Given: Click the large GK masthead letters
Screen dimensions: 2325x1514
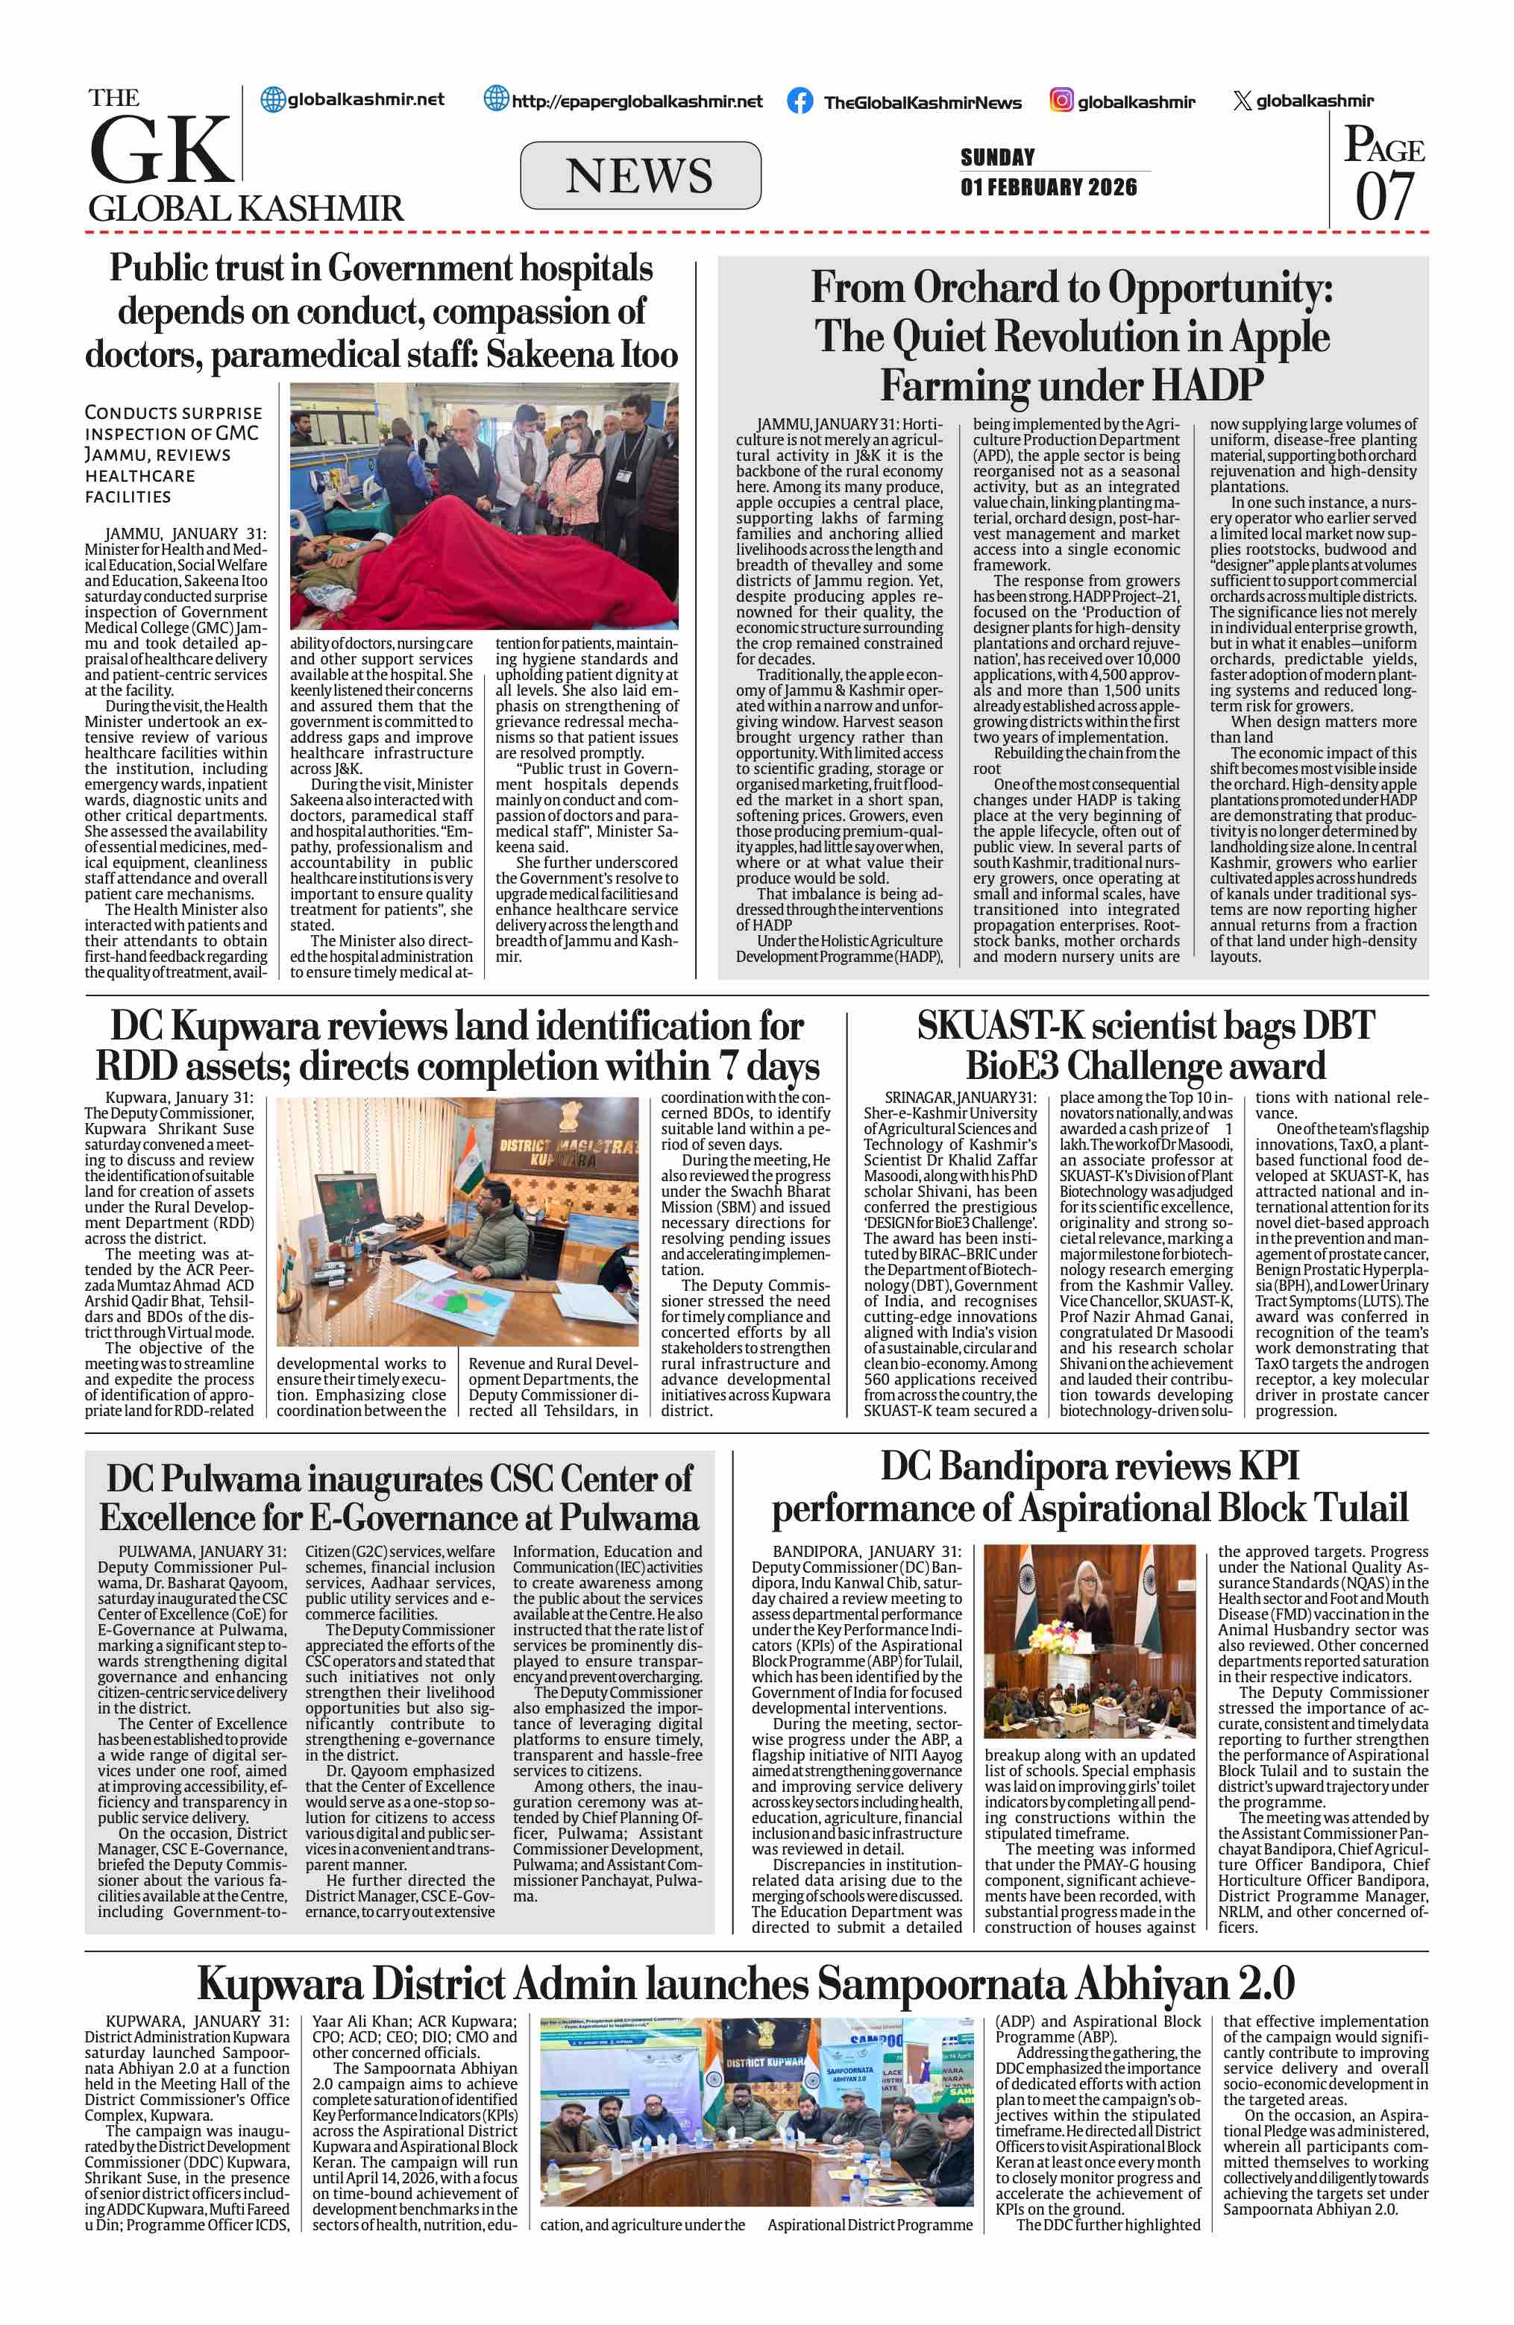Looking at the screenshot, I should coord(161,149).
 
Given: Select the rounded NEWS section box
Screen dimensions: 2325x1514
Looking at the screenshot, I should coord(640,176).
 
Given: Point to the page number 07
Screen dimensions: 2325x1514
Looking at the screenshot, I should coord(1383,196).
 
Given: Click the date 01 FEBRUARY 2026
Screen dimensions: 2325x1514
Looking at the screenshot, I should coord(1048,186).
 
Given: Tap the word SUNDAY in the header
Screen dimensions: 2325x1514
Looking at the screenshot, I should coord(997,157).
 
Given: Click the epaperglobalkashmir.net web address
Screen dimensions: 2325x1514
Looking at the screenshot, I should coord(637,101).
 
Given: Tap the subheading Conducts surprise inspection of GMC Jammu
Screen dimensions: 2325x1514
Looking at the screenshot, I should coord(173,453).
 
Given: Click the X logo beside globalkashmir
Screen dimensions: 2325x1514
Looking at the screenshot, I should coord(1242,101).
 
